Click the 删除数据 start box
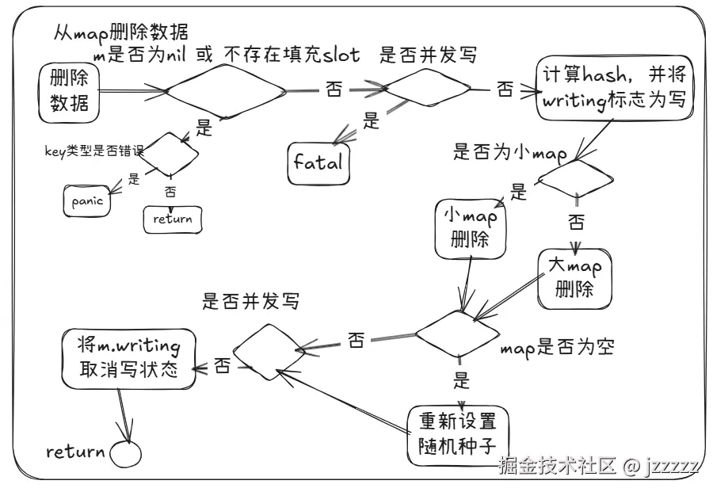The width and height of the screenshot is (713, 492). [x=69, y=91]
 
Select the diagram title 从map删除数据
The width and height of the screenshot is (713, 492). [x=120, y=32]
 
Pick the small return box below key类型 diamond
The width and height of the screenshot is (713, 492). [x=173, y=219]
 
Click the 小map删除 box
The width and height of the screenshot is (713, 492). [x=471, y=228]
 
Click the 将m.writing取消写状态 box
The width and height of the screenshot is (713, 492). [x=129, y=359]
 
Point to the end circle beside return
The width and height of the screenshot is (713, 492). [x=124, y=454]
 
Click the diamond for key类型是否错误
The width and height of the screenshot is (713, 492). [x=166, y=154]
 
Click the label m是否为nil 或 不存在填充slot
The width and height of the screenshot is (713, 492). [x=227, y=55]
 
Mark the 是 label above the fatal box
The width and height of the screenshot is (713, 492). [x=371, y=120]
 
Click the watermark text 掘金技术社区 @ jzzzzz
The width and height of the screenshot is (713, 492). [x=598, y=465]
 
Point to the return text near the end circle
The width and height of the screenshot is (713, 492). [x=75, y=452]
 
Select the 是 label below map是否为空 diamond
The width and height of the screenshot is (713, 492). [x=462, y=381]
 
